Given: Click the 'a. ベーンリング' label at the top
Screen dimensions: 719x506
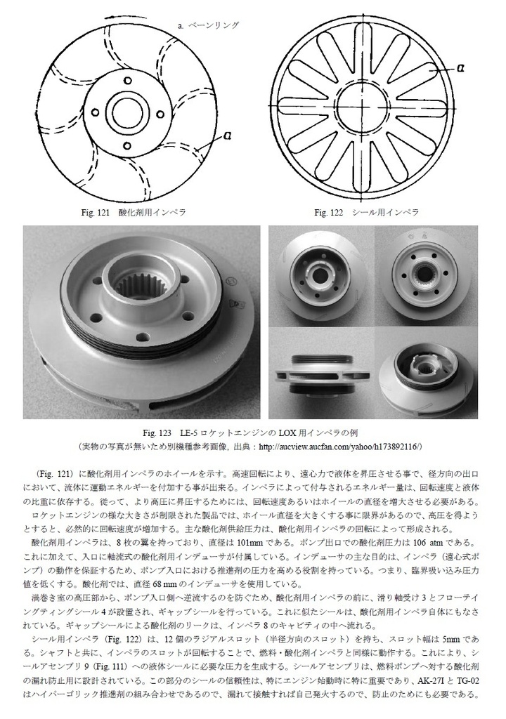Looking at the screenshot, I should pos(209,25).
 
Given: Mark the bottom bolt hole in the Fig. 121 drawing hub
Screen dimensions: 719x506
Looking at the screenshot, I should pos(127,145).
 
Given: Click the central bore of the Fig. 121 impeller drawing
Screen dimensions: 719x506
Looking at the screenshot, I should pos(127,113).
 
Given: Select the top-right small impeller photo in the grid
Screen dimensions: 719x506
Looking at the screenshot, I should pos(427,275).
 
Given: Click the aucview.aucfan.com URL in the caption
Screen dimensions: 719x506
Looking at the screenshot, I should pos(339,445).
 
